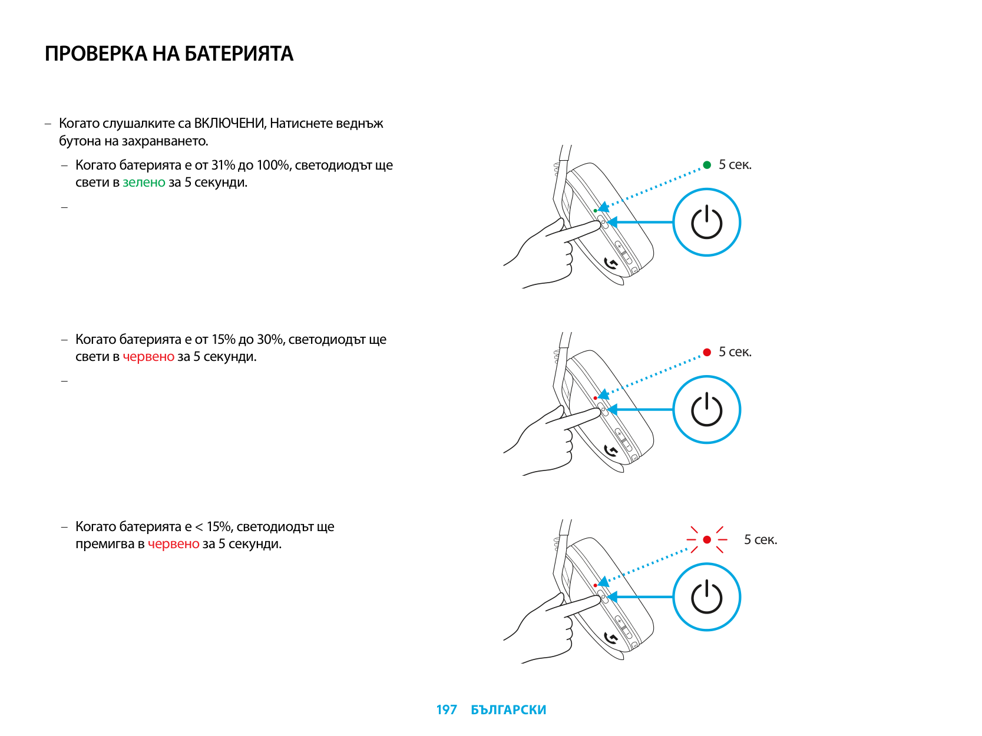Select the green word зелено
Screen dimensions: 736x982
[x=144, y=183]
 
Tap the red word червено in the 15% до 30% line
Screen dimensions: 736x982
[x=148, y=357]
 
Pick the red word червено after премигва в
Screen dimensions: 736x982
[x=173, y=544]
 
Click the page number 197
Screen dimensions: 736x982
[x=447, y=710]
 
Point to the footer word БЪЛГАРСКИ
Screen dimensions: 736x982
[x=508, y=710]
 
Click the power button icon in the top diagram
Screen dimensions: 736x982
[x=706, y=223]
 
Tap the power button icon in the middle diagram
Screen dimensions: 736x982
[x=706, y=410]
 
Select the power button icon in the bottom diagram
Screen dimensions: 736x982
[x=706, y=597]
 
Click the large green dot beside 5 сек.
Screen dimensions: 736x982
[x=707, y=165]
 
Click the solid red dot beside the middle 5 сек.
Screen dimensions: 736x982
[x=707, y=352]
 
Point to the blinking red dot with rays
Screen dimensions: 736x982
[x=707, y=539]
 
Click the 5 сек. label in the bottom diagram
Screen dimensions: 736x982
[x=761, y=540]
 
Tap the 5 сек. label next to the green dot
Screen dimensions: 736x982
[x=735, y=165]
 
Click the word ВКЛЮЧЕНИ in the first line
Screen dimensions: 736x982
[x=230, y=124]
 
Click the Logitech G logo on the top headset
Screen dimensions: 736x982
[x=611, y=263]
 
